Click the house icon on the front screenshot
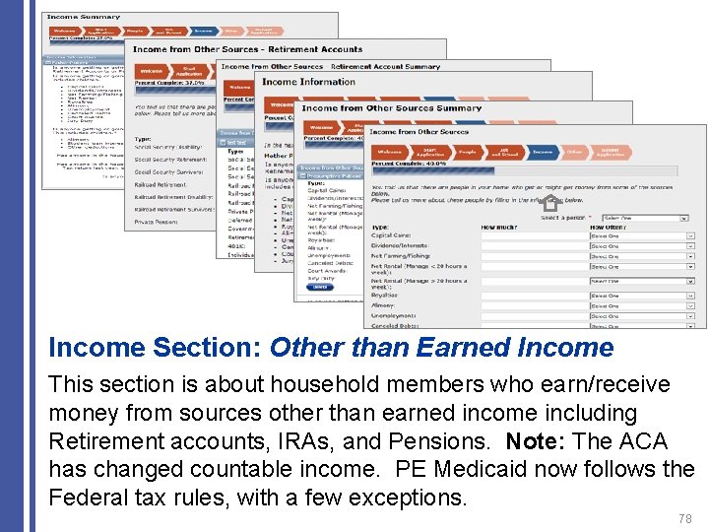coord(549,205)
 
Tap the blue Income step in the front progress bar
coord(543,152)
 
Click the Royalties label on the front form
coord(385,295)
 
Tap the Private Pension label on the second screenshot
coord(158,222)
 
